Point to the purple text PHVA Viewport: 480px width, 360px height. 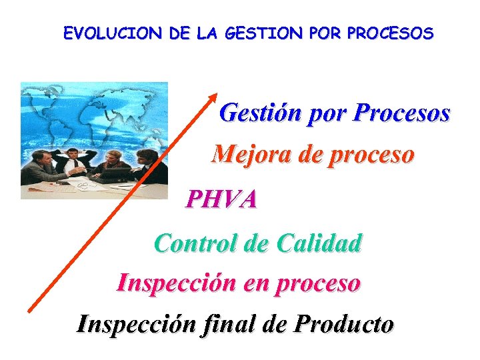221,199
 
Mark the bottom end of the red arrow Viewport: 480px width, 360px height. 29,309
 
